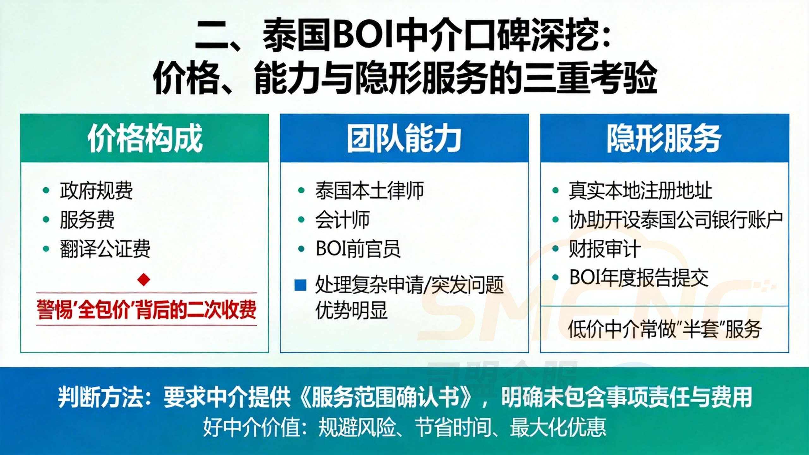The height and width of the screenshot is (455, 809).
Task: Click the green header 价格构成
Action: [x=145, y=138]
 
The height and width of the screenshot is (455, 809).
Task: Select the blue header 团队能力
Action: [x=404, y=138]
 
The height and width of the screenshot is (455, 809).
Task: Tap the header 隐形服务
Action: [x=664, y=138]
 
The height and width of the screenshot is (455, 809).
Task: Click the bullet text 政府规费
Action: [x=96, y=191]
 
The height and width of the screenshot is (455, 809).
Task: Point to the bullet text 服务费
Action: [x=87, y=220]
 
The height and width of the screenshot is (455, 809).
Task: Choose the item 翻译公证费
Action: [x=105, y=249]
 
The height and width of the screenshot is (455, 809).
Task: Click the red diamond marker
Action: [x=144, y=279]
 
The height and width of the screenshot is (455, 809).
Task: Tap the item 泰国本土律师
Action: [x=369, y=191]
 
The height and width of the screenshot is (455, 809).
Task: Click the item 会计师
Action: [x=342, y=220]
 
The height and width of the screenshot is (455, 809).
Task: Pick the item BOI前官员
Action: [x=358, y=249]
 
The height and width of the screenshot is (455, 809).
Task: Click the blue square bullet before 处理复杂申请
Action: [x=300, y=285]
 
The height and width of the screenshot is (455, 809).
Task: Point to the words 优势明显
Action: [x=351, y=311]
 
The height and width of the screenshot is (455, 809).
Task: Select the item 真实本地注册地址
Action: [x=640, y=191]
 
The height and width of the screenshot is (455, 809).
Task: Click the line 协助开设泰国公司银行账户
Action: [x=676, y=220]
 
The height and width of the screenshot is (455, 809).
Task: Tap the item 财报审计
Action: [x=605, y=249]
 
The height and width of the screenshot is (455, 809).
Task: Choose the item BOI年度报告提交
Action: [x=639, y=278]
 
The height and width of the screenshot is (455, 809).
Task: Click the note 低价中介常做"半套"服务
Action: [x=665, y=329]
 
